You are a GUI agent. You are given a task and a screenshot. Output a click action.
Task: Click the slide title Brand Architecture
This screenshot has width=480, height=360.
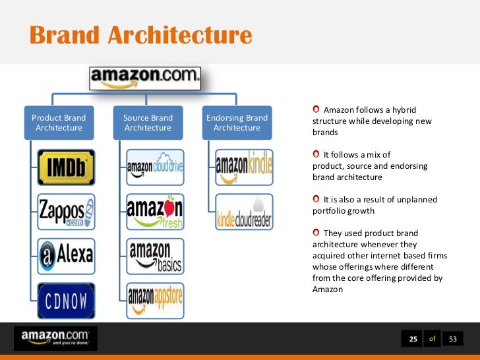tap(140, 35)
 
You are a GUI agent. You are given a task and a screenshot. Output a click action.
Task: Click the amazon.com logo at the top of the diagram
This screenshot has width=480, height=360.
tap(145, 78)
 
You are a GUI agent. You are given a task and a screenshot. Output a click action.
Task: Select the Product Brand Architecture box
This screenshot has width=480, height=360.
tap(59, 123)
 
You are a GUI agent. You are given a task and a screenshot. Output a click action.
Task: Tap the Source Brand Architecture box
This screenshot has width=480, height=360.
tap(148, 123)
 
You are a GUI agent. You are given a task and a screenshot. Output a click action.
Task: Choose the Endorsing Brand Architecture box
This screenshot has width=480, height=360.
tap(237, 123)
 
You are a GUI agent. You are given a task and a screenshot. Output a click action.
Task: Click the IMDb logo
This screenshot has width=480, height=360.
tap(67, 167)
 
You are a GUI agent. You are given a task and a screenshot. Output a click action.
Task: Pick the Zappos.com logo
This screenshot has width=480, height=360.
tap(67, 211)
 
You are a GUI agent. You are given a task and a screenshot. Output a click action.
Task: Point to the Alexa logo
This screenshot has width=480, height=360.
tap(67, 256)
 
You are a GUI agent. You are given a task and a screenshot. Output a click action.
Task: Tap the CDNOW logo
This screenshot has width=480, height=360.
tap(67, 300)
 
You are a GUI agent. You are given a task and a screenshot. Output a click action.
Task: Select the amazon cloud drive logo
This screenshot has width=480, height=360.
tap(156, 167)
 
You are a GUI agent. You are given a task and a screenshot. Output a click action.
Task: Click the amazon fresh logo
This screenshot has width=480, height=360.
tap(156, 211)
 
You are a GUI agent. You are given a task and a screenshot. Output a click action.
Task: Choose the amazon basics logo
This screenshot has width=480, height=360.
tap(156, 256)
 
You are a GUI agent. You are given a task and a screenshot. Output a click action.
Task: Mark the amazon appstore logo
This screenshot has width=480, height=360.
tap(156, 300)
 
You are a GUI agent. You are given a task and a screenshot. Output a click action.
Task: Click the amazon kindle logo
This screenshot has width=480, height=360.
tap(244, 167)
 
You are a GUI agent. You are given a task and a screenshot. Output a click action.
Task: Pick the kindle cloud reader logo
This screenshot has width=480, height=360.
tap(244, 211)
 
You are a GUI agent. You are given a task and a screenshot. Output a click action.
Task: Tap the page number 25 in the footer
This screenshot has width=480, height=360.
tap(413, 339)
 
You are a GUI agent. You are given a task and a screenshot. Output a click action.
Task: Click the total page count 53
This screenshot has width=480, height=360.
tap(452, 339)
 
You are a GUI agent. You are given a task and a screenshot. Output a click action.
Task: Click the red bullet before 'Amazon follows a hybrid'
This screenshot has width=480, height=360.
tap(316, 109)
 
